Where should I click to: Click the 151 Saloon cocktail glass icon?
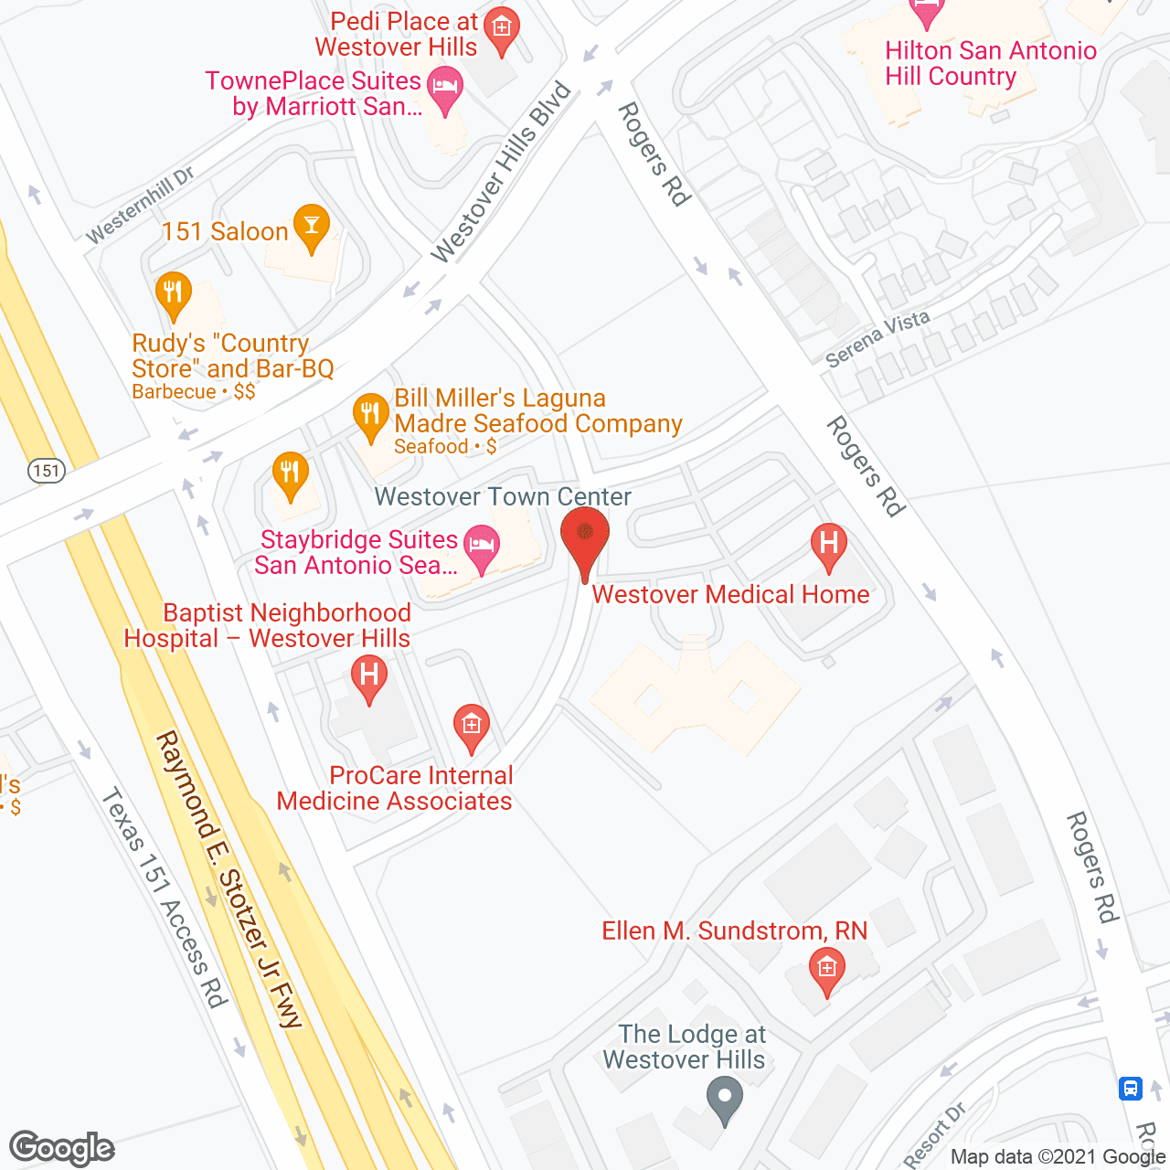(312, 228)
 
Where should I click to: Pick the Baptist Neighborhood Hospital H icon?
(369, 677)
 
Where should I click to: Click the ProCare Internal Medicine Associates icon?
(472, 727)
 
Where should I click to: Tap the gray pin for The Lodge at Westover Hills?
(726, 1099)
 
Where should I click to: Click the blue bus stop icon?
(1131, 1089)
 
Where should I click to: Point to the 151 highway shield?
(47, 472)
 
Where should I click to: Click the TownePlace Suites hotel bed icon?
(445, 88)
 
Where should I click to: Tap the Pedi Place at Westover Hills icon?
(502, 29)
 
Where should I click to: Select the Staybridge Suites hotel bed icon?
(481, 547)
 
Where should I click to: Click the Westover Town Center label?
(503, 496)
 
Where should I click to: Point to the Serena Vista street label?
(877, 338)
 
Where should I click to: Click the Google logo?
(62, 1148)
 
